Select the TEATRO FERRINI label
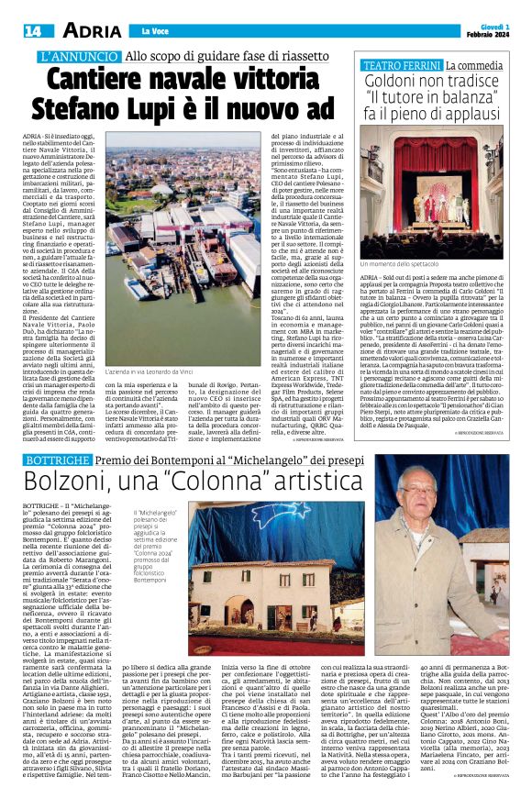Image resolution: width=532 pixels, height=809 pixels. click(403, 66)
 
